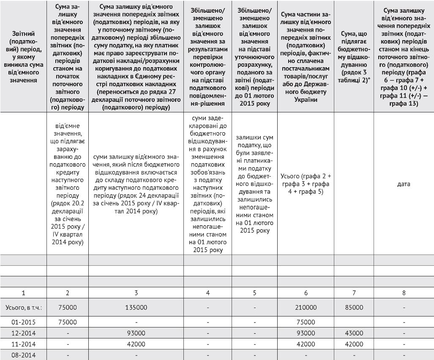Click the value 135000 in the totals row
[136, 308]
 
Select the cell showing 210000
[306, 308]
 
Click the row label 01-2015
[23, 322]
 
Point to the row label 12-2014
[23, 333]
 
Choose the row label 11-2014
[23, 344]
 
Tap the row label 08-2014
[23, 355]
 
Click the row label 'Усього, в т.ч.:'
[23, 308]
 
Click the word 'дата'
[404, 184]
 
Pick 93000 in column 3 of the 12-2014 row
[136, 333]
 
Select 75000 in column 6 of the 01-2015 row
[306, 322]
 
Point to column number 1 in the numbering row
[23, 293]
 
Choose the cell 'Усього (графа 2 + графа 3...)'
[306, 184]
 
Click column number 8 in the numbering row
[404, 293]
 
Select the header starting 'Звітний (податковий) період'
[23, 57]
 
